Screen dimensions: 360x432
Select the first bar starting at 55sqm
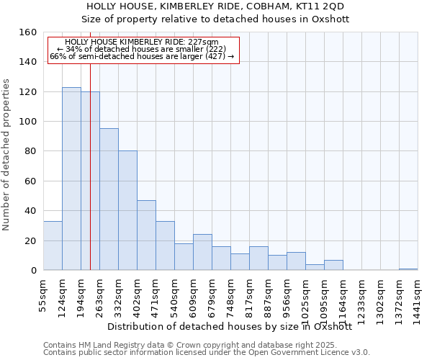point(53,246)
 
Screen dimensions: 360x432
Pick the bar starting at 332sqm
point(127,210)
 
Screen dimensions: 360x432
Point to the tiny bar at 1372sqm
point(408,269)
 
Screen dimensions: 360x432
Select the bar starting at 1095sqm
point(333,265)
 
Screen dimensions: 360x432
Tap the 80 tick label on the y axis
point(30,152)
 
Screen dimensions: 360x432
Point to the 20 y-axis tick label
point(30,241)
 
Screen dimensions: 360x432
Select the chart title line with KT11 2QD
point(215,6)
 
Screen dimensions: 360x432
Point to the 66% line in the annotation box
point(142,57)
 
